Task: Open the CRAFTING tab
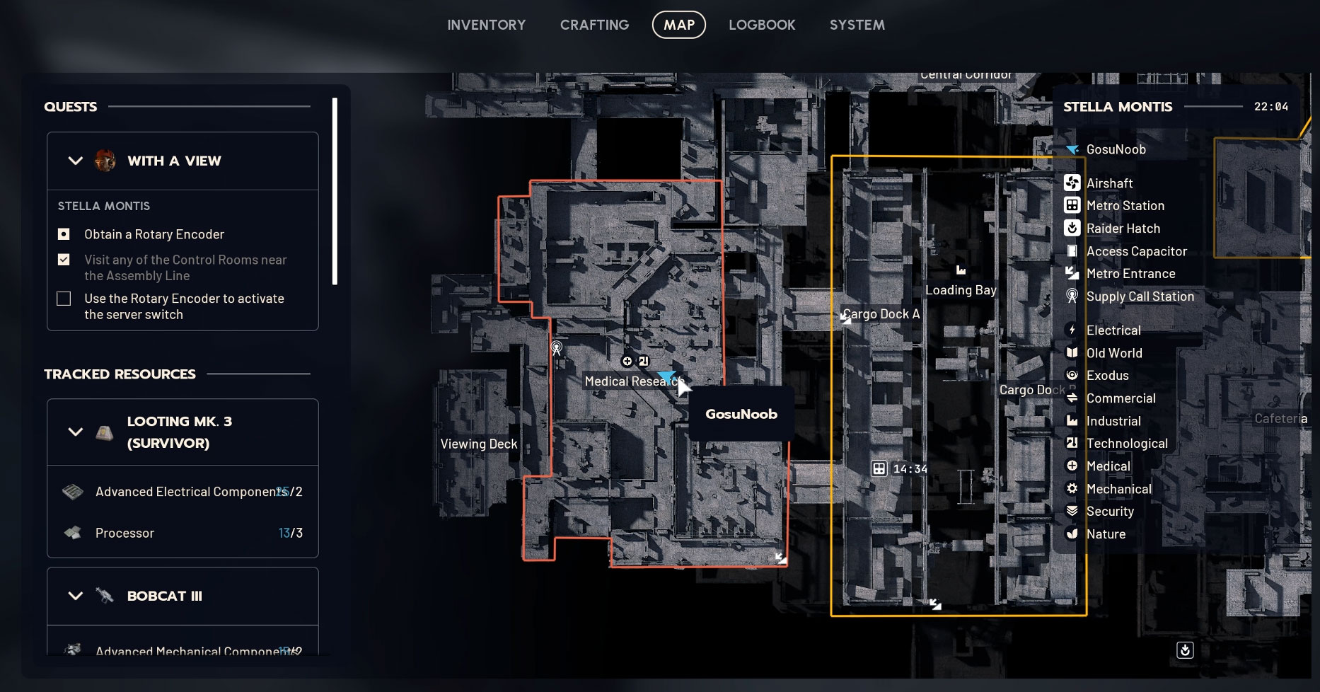click(594, 25)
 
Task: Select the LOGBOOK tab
click(762, 25)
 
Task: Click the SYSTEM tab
click(857, 25)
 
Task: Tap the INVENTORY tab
click(487, 25)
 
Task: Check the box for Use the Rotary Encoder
click(64, 299)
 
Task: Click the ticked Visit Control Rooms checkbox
click(64, 260)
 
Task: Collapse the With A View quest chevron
click(75, 161)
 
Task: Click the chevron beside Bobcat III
click(75, 596)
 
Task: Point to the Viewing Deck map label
click(479, 444)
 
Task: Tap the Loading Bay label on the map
click(961, 290)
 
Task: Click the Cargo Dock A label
click(881, 314)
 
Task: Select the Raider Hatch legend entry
click(1123, 229)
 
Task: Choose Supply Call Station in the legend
click(1140, 296)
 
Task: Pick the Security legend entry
click(1109, 512)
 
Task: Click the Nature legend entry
click(1106, 534)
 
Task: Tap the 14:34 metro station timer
click(910, 468)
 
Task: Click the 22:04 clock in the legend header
click(1270, 107)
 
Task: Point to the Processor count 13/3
click(290, 533)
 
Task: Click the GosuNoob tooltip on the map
click(741, 414)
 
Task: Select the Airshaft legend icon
click(1072, 183)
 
